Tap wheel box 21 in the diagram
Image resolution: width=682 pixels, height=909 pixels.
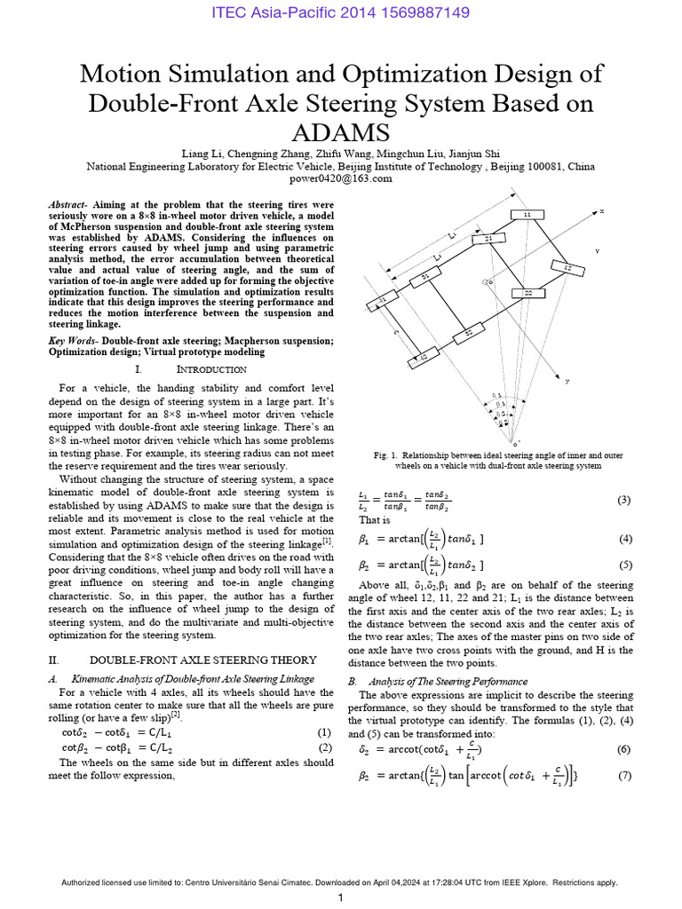488,239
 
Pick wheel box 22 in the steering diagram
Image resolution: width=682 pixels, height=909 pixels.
527,292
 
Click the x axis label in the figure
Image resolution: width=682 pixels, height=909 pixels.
601,211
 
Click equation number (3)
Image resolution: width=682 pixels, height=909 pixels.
624,500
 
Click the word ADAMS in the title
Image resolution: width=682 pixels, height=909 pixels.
341,132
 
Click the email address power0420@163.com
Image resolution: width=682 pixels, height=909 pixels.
340,178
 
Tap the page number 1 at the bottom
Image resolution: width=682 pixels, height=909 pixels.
340,897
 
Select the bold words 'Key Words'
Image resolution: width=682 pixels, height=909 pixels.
72,341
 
